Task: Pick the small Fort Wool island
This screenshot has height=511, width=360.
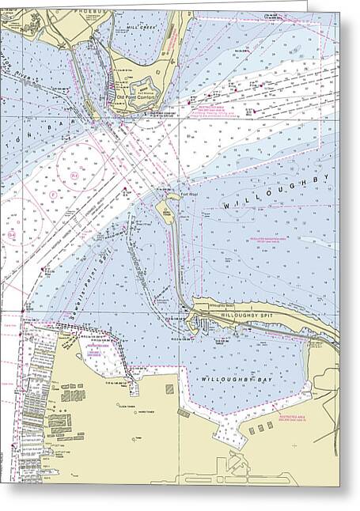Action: pyautogui.click(x=166, y=209)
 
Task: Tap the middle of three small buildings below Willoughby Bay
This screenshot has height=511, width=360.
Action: pyautogui.click(x=260, y=427)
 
